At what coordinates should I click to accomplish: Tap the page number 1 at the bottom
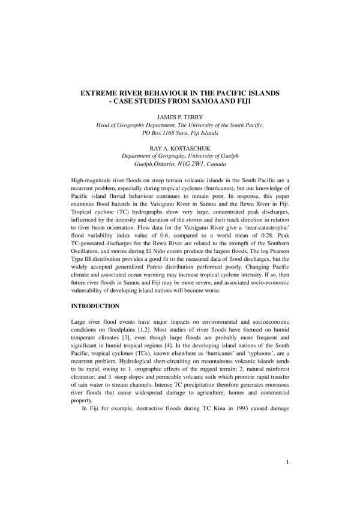pyautogui.click(x=288, y=480)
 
